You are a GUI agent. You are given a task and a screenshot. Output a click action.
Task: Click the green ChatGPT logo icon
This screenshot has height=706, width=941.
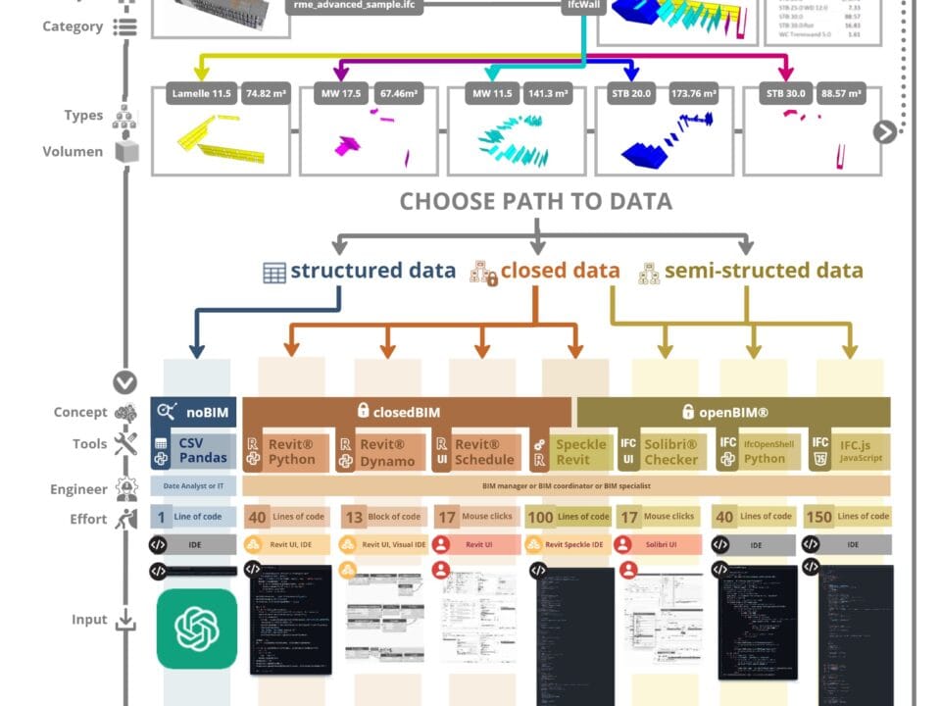(197, 629)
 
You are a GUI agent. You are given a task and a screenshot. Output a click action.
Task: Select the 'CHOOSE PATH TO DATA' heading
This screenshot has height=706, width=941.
(535, 202)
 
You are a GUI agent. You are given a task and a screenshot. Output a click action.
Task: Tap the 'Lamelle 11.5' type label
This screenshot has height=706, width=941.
(201, 95)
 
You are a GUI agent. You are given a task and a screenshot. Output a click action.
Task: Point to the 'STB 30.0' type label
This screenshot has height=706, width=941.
(787, 95)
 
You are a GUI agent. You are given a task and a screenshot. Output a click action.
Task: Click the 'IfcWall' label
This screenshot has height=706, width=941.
(584, 5)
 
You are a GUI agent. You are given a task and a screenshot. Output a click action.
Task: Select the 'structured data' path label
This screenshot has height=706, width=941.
(372, 272)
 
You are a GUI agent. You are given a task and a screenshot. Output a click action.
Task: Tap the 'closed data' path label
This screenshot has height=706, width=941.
(560, 272)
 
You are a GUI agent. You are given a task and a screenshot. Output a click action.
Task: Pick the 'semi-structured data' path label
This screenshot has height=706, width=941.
(764, 272)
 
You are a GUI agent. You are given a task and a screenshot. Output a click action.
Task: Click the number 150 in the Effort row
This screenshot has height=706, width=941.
(817, 517)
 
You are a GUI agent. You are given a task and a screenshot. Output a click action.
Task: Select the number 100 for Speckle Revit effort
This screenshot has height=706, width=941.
(540, 517)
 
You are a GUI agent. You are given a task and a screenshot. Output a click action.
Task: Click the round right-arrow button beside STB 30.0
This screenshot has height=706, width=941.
(884, 131)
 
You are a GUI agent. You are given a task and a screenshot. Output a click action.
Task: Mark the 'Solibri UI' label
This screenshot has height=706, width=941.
(668, 544)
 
